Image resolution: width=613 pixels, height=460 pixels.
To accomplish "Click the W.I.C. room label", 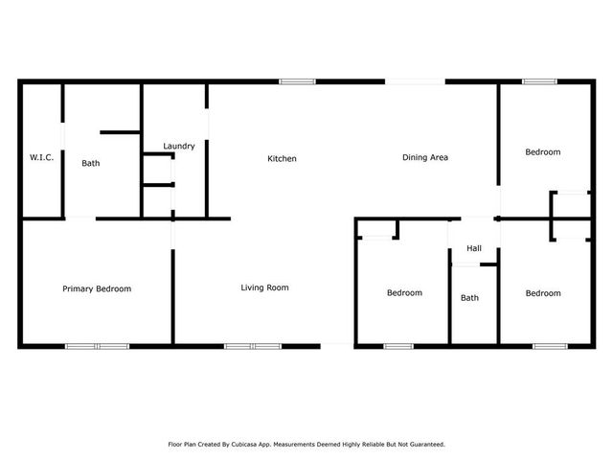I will pos(41,156).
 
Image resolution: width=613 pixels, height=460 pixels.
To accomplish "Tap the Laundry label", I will pos(179,147).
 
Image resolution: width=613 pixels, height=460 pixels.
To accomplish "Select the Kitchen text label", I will pos(282,158).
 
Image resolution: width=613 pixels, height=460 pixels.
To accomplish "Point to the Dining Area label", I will pos(425,157).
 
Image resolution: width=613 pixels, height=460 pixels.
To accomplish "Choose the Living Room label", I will pos(264,287).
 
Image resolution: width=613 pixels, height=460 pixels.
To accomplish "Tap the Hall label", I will pos(473,248).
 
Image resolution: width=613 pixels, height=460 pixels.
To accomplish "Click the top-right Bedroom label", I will pos(543,151).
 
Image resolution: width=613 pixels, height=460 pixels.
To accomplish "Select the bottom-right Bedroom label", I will pos(543,293).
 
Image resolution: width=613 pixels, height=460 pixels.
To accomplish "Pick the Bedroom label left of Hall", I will pos(404,293).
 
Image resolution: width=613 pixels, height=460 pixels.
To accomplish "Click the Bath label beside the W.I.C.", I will pos(91,163).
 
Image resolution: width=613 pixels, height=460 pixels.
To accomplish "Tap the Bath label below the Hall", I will pos(469,297).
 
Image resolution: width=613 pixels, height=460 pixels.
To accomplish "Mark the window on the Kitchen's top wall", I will pos(297,81).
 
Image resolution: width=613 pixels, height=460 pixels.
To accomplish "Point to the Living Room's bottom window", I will pos(253,345).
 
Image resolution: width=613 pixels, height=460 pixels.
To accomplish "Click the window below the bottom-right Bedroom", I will pos(550,345).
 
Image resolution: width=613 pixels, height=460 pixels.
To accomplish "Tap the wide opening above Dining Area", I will pos(417,81).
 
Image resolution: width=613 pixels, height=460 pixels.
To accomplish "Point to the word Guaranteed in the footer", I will pos(424,445).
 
